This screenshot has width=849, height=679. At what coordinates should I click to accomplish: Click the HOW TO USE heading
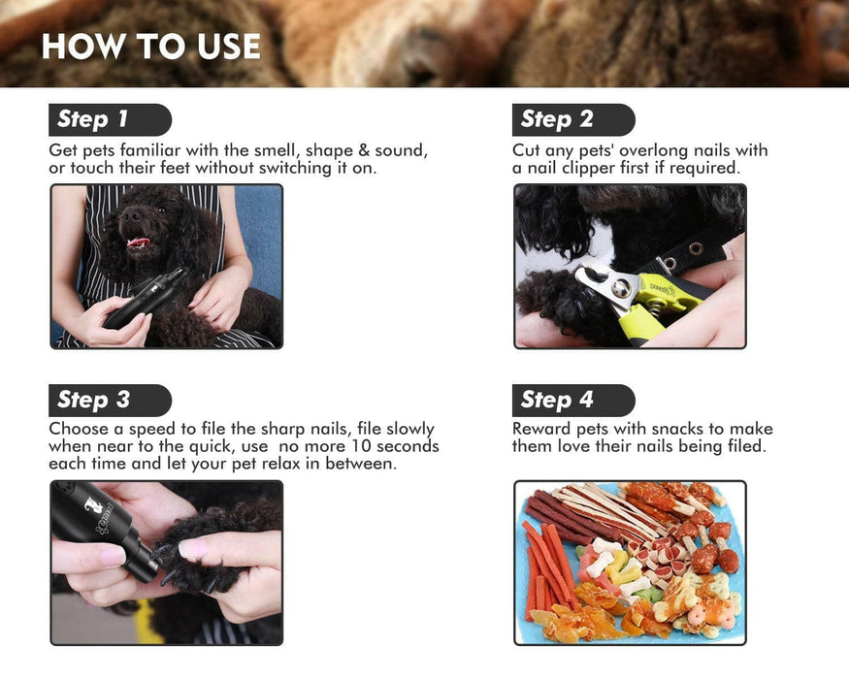(151, 46)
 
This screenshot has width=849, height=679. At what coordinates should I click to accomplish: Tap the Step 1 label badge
(110, 119)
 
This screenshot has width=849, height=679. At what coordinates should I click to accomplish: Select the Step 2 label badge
(573, 119)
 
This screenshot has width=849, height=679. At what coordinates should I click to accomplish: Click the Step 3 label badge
(110, 401)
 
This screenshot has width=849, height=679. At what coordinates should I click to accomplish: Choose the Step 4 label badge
(573, 401)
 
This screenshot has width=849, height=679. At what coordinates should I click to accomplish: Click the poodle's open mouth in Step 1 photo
(139, 242)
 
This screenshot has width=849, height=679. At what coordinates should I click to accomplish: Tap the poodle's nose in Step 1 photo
(130, 215)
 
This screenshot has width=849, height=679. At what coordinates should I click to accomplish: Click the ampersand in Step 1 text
(365, 150)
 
